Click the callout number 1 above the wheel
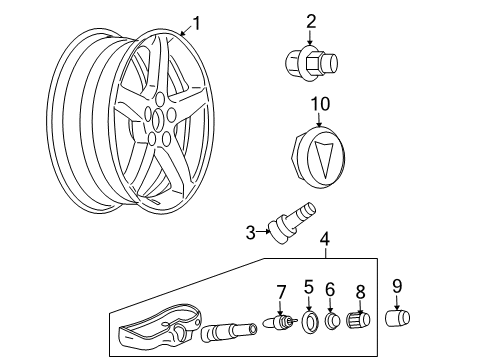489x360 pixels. (197, 22)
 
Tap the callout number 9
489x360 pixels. (398, 286)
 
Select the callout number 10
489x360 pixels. (319, 104)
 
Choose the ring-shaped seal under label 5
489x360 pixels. (310, 323)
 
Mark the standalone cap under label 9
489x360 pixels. (399, 318)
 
